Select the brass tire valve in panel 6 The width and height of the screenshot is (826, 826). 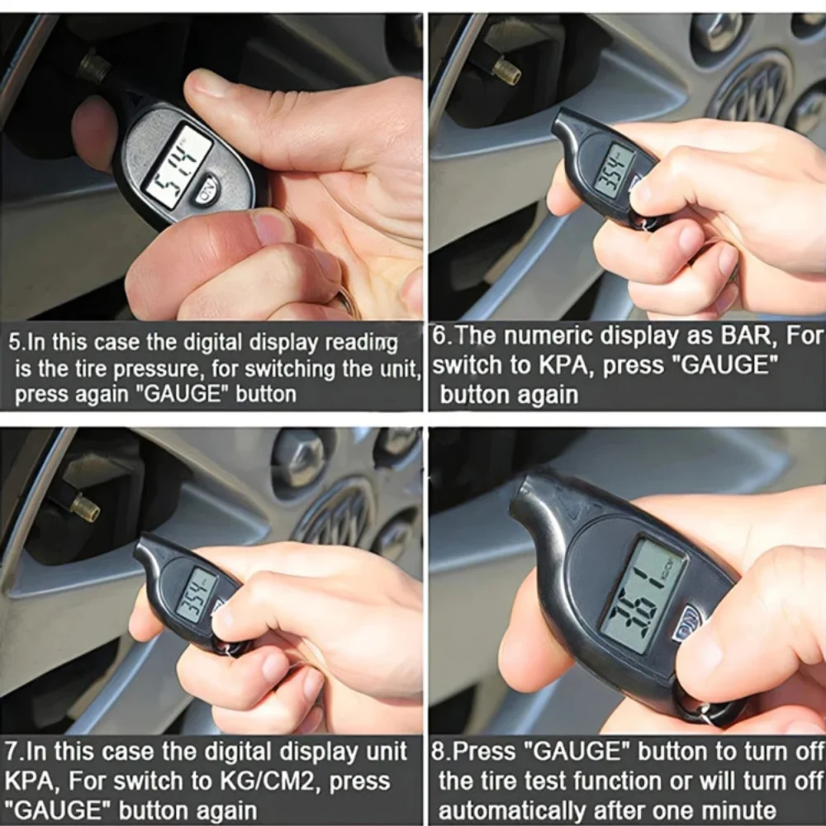click(x=506, y=73)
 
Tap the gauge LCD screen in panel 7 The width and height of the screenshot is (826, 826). click(x=196, y=594)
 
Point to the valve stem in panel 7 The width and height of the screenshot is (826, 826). click(x=84, y=506)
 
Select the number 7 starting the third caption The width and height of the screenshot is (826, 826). click(x=11, y=752)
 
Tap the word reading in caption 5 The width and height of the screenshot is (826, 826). click(x=359, y=341)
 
